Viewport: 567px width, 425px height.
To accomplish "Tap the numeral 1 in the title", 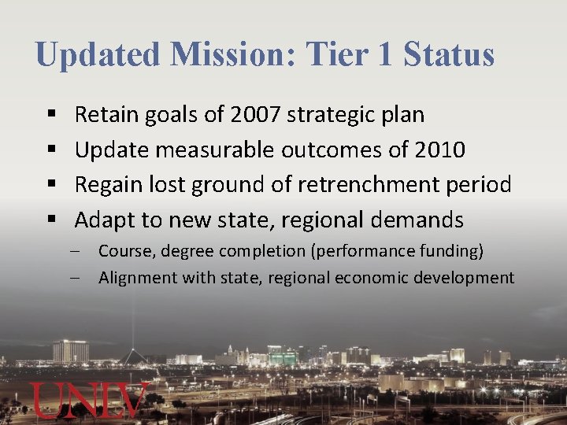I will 385,55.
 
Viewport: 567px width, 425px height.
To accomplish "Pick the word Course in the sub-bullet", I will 121,251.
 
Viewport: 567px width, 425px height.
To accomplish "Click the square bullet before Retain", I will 50,116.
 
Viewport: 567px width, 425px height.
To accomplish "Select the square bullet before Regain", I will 50,185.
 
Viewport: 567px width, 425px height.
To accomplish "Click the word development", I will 472,278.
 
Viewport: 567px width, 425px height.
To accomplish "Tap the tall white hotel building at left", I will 70,351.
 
